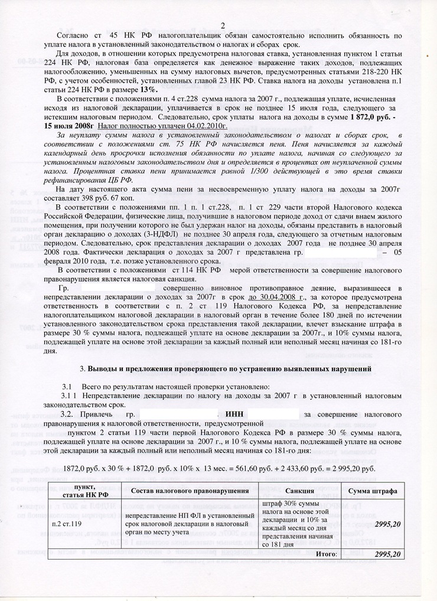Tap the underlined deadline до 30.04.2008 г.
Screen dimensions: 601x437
[x=278, y=297]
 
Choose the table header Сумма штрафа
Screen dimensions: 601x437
[x=372, y=491]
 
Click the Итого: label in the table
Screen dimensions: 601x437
[x=326, y=554]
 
